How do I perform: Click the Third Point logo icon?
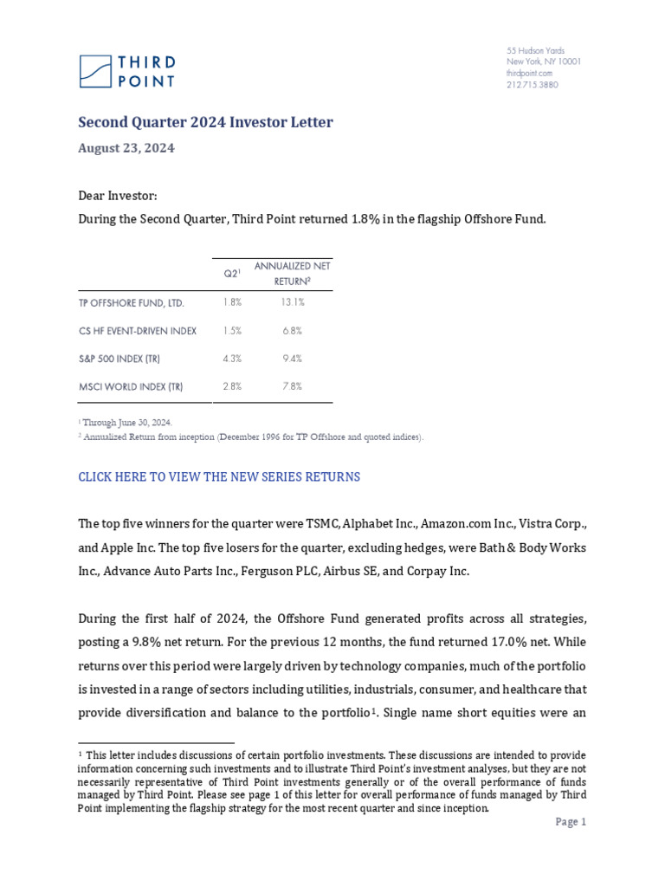95,71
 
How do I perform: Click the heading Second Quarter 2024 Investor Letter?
205,122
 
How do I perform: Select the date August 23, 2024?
126,148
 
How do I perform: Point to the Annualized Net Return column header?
292,273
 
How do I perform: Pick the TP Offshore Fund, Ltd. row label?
132,303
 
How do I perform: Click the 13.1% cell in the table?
292,303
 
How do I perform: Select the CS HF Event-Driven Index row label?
138,331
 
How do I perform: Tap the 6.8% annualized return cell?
292,331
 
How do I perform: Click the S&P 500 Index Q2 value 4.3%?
232,359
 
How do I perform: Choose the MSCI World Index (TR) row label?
131,386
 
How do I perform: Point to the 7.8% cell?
292,386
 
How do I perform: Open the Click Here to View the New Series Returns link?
219,477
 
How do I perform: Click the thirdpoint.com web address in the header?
529,74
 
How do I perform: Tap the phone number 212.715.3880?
532,85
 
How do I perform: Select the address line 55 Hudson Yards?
535,51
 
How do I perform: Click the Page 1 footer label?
571,822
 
